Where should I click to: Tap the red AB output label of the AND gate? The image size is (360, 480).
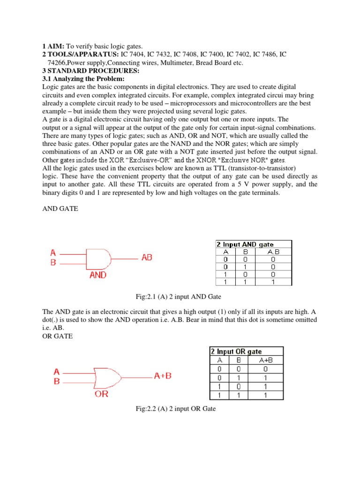(146, 258)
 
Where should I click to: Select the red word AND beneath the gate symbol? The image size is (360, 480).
(97, 276)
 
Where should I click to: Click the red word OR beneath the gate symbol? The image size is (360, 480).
(101, 394)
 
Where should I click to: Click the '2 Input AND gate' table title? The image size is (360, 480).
(245, 244)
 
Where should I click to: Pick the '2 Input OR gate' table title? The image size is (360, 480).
(236, 351)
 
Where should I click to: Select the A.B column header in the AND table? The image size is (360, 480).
(273, 251)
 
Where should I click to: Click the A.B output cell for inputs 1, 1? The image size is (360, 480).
(273, 282)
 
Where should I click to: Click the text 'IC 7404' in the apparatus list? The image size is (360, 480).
(134, 54)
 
